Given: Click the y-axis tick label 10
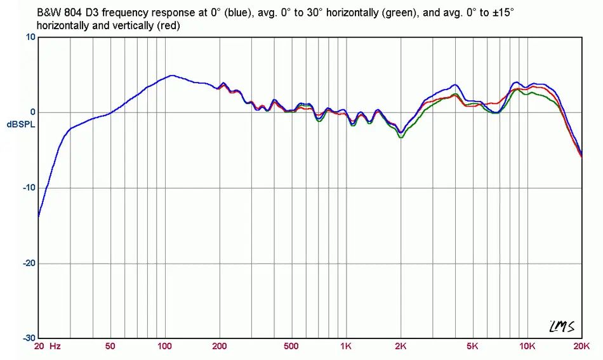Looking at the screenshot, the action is tap(30, 37).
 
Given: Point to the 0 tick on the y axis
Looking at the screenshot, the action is tap(32, 112).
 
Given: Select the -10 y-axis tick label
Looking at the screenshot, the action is tap(29, 188).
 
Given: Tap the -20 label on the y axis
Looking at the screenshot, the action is tap(29, 263).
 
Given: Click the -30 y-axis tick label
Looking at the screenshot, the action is tap(29, 338).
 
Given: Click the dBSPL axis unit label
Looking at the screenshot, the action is tap(21, 124).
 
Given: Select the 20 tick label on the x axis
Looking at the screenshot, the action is tap(39, 347).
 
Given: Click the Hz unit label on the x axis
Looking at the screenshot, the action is tap(55, 347).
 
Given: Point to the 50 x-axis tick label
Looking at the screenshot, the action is tap(110, 347).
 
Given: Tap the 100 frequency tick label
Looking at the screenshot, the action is tap(164, 347).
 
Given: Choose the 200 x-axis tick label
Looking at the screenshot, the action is tap(219, 347).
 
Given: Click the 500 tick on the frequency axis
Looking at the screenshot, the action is tap(291, 347).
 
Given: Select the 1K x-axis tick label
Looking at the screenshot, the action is tap(346, 347).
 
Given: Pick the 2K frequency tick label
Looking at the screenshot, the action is tap(401, 347).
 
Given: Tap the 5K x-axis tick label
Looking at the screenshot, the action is tap(472, 347).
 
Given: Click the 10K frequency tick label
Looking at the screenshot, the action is tap(527, 347).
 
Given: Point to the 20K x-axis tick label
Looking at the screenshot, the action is tap(581, 347).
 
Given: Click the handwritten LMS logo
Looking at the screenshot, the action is tap(562, 326).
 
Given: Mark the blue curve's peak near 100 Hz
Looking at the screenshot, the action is tap(171, 76).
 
